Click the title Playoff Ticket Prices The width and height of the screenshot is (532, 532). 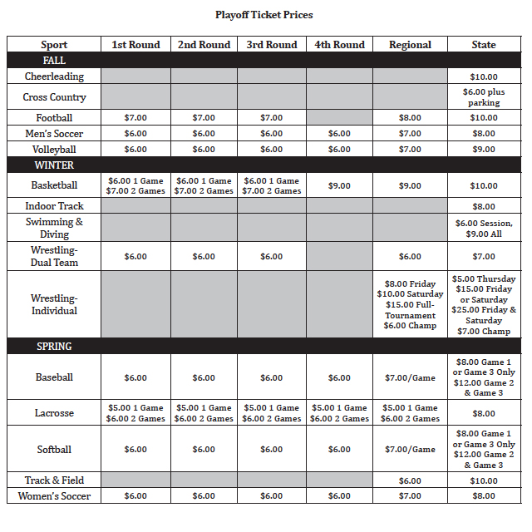[264, 15]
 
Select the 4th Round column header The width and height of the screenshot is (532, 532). [339, 45]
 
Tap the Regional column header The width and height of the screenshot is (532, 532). [410, 45]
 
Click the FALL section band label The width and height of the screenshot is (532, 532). [54, 61]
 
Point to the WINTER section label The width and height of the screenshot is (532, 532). [54, 165]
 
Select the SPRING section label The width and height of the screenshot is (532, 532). [54, 347]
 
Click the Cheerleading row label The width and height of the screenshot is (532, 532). [54, 76]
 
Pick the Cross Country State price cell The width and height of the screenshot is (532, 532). [484, 97]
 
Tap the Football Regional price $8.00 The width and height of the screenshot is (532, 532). [410, 118]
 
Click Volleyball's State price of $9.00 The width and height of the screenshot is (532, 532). [484, 150]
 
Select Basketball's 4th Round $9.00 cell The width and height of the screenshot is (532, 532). [339, 186]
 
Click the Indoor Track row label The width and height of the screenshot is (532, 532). [54, 206]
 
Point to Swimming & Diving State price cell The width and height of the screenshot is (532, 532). [484, 229]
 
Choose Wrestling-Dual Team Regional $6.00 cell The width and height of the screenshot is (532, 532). [410, 257]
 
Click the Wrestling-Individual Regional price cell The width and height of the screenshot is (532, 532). [410, 304]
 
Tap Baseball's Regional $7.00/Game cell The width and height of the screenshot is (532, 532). [410, 378]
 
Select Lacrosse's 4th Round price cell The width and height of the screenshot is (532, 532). [339, 413]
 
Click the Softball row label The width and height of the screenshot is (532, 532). [54, 450]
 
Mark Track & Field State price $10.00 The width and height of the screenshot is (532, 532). [484, 480]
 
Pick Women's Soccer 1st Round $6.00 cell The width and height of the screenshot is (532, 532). [135, 496]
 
